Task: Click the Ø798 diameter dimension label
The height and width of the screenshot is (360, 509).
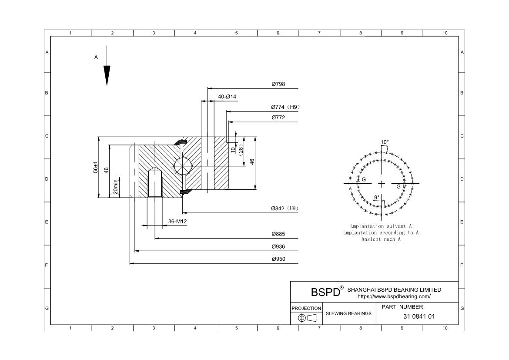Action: click(278, 84)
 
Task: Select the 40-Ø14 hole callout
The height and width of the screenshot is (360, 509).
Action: click(227, 97)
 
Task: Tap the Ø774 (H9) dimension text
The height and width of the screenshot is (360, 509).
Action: click(285, 107)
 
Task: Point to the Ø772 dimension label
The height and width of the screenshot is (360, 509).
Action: click(278, 118)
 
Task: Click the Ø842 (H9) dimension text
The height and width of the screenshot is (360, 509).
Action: click(285, 209)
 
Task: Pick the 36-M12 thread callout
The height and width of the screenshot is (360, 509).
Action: click(177, 222)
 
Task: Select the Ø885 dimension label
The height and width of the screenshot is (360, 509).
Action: click(278, 234)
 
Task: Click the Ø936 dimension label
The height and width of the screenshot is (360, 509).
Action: click(278, 247)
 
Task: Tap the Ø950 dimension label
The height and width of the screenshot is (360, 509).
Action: click(278, 259)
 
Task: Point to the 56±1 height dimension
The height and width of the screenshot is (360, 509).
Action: click(95, 168)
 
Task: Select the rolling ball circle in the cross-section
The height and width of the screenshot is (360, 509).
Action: click(181, 166)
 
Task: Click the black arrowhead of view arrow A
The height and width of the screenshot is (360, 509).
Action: click(107, 75)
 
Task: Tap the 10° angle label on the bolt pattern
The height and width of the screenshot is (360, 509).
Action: click(385, 142)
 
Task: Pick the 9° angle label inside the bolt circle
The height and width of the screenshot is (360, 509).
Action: click(377, 197)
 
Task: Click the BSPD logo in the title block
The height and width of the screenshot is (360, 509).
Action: click(325, 292)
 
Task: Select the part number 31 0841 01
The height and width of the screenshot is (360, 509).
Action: click(419, 316)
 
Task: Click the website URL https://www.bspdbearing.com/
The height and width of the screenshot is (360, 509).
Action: click(394, 296)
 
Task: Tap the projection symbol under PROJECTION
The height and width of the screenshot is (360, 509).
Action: click(306, 318)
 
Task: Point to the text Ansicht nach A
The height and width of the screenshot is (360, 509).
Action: click(381, 239)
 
